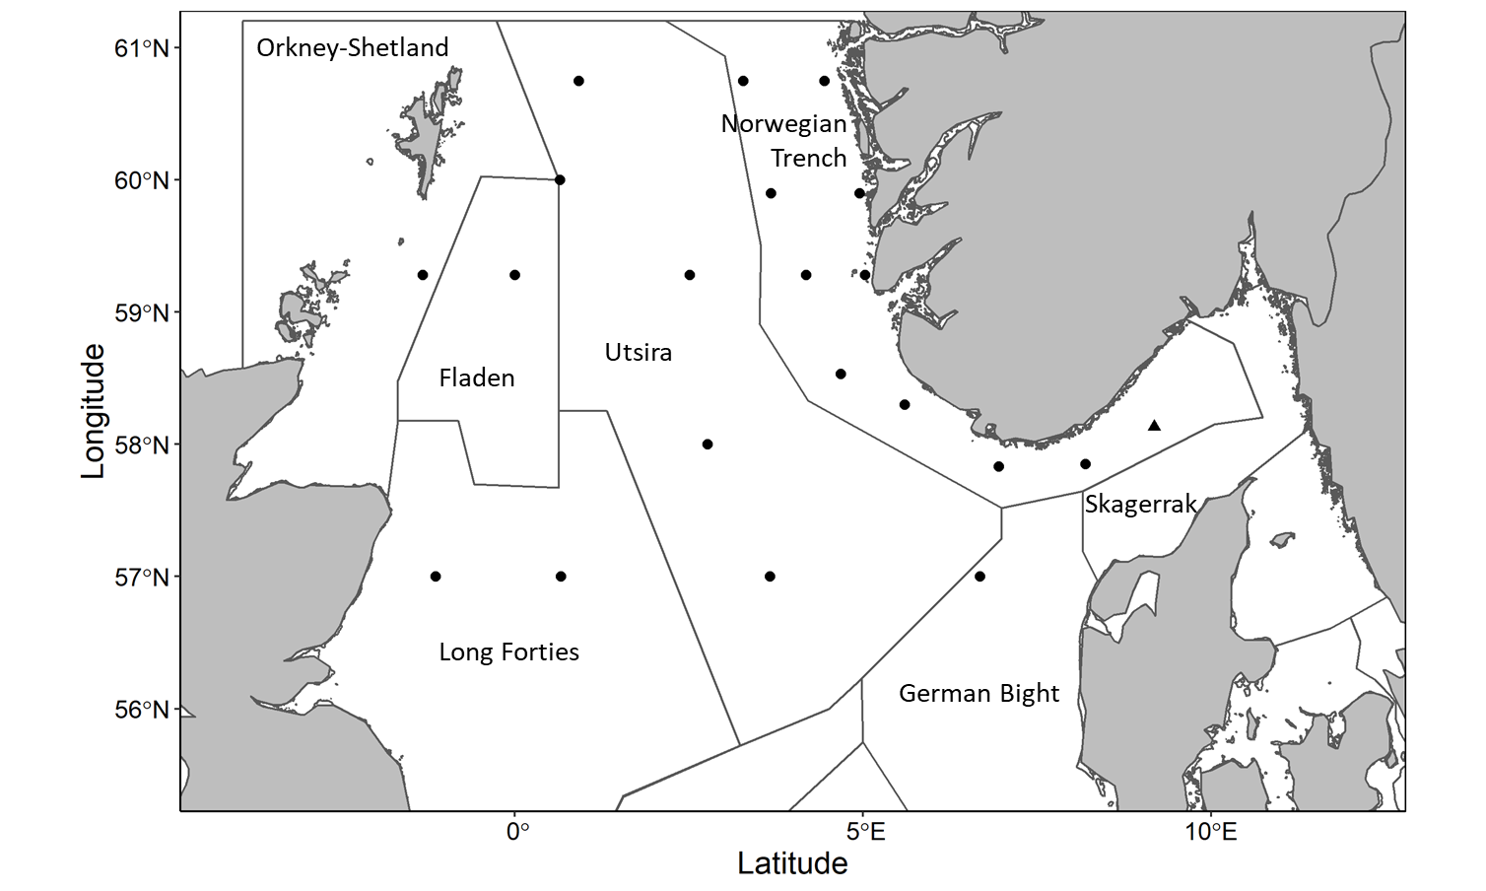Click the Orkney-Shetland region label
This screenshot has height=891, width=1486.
pos(352,47)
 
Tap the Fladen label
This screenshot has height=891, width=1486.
pos(476,377)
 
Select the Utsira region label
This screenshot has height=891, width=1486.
pos(638,352)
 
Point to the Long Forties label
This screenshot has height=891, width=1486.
pos(508,651)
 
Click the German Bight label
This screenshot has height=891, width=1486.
pos(979,693)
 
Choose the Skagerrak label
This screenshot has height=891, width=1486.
pos(1140,505)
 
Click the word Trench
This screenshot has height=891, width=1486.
pos(808,158)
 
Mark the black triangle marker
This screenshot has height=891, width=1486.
pos(1154,426)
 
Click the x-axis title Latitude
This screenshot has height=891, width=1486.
pos(792,863)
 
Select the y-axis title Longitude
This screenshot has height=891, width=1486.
pos(93,411)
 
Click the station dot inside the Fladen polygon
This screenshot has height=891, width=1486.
pos(514,275)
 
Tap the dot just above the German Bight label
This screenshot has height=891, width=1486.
pos(979,577)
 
